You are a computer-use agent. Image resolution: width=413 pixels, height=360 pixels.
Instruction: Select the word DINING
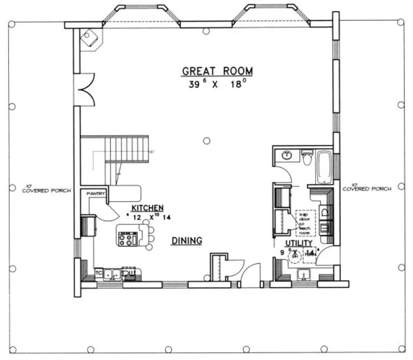pyautogui.click(x=187, y=240)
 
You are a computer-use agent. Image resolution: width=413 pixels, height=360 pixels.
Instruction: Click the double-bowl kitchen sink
pyautogui.click(x=112, y=275)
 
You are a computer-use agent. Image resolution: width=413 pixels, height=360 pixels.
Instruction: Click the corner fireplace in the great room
pyautogui.click(x=89, y=38)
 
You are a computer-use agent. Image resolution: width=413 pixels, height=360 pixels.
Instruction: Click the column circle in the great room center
pyautogui.click(x=206, y=141)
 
